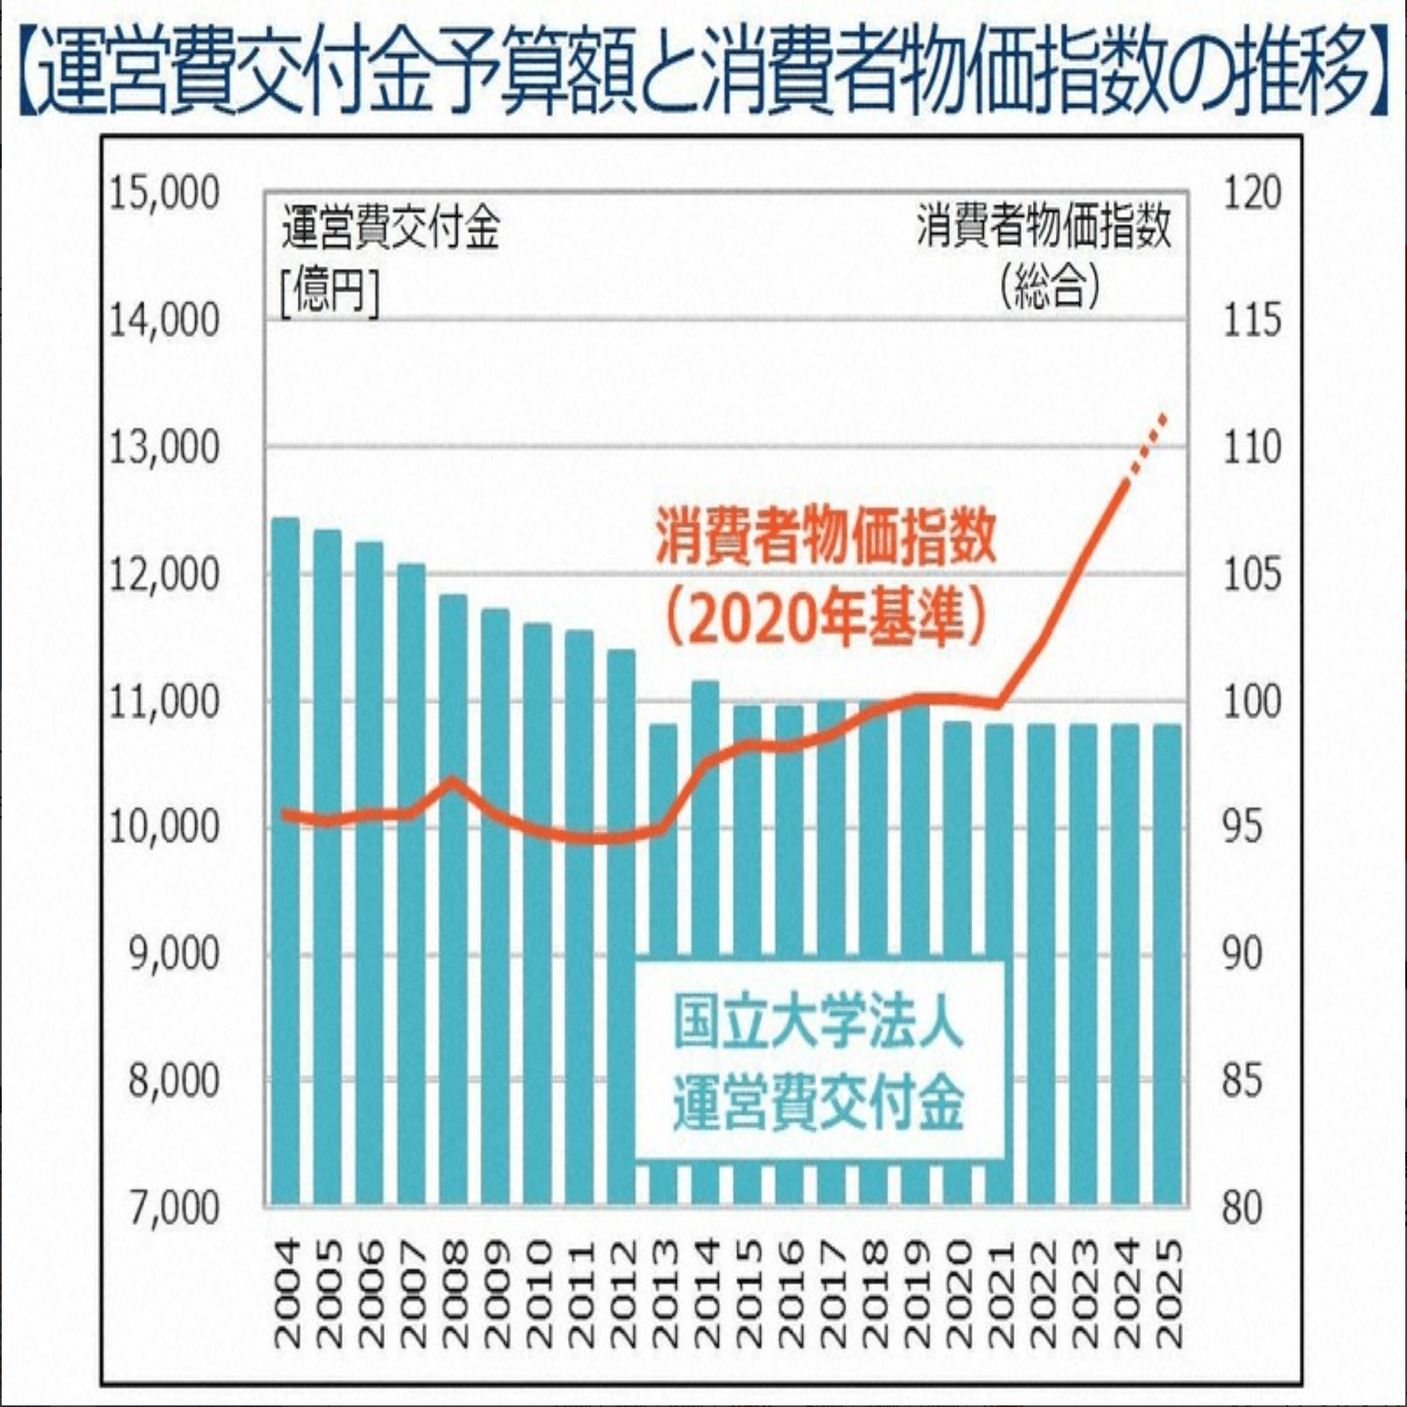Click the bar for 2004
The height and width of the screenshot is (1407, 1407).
tap(286, 860)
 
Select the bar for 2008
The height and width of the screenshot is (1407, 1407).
tap(453, 901)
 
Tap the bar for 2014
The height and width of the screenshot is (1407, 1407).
tap(705, 942)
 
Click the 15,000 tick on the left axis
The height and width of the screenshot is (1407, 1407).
tap(165, 193)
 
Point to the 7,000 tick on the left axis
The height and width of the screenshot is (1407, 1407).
tap(174, 1208)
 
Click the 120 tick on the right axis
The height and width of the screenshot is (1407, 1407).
tap(1252, 193)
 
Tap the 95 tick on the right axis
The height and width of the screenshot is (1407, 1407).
tap(1242, 827)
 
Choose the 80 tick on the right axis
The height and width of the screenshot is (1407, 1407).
tap(1242, 1208)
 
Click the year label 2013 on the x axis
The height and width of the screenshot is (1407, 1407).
tap(664, 1294)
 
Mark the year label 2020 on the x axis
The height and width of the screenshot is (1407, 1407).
tap(958, 1294)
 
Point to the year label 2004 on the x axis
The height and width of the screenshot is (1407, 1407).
tap(286, 1294)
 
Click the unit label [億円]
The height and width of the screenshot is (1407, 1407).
tap(330, 291)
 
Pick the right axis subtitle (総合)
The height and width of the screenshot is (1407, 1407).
tap(1050, 286)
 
